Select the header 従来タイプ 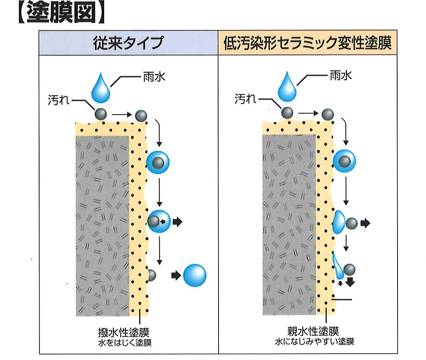coord(128,43)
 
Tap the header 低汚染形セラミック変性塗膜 coord(307,43)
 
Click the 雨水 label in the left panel coord(154,77)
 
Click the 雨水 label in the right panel coord(341,75)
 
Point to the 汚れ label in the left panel coord(58,100)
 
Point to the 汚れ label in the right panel coord(245,99)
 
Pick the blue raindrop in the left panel coord(101,88)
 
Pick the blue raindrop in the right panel coord(287,87)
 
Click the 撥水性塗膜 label coord(124,332)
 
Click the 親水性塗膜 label coord(313,331)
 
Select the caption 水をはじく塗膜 coord(125,343)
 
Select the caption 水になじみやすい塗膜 coord(314,341)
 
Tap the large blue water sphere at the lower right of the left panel coord(195,275)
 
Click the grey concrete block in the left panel coord(102,226)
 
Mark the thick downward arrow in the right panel coord(351,282)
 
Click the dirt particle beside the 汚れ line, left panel coord(100,114)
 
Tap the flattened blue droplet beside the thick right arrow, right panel coord(339,222)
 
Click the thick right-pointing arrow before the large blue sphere coord(176,275)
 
